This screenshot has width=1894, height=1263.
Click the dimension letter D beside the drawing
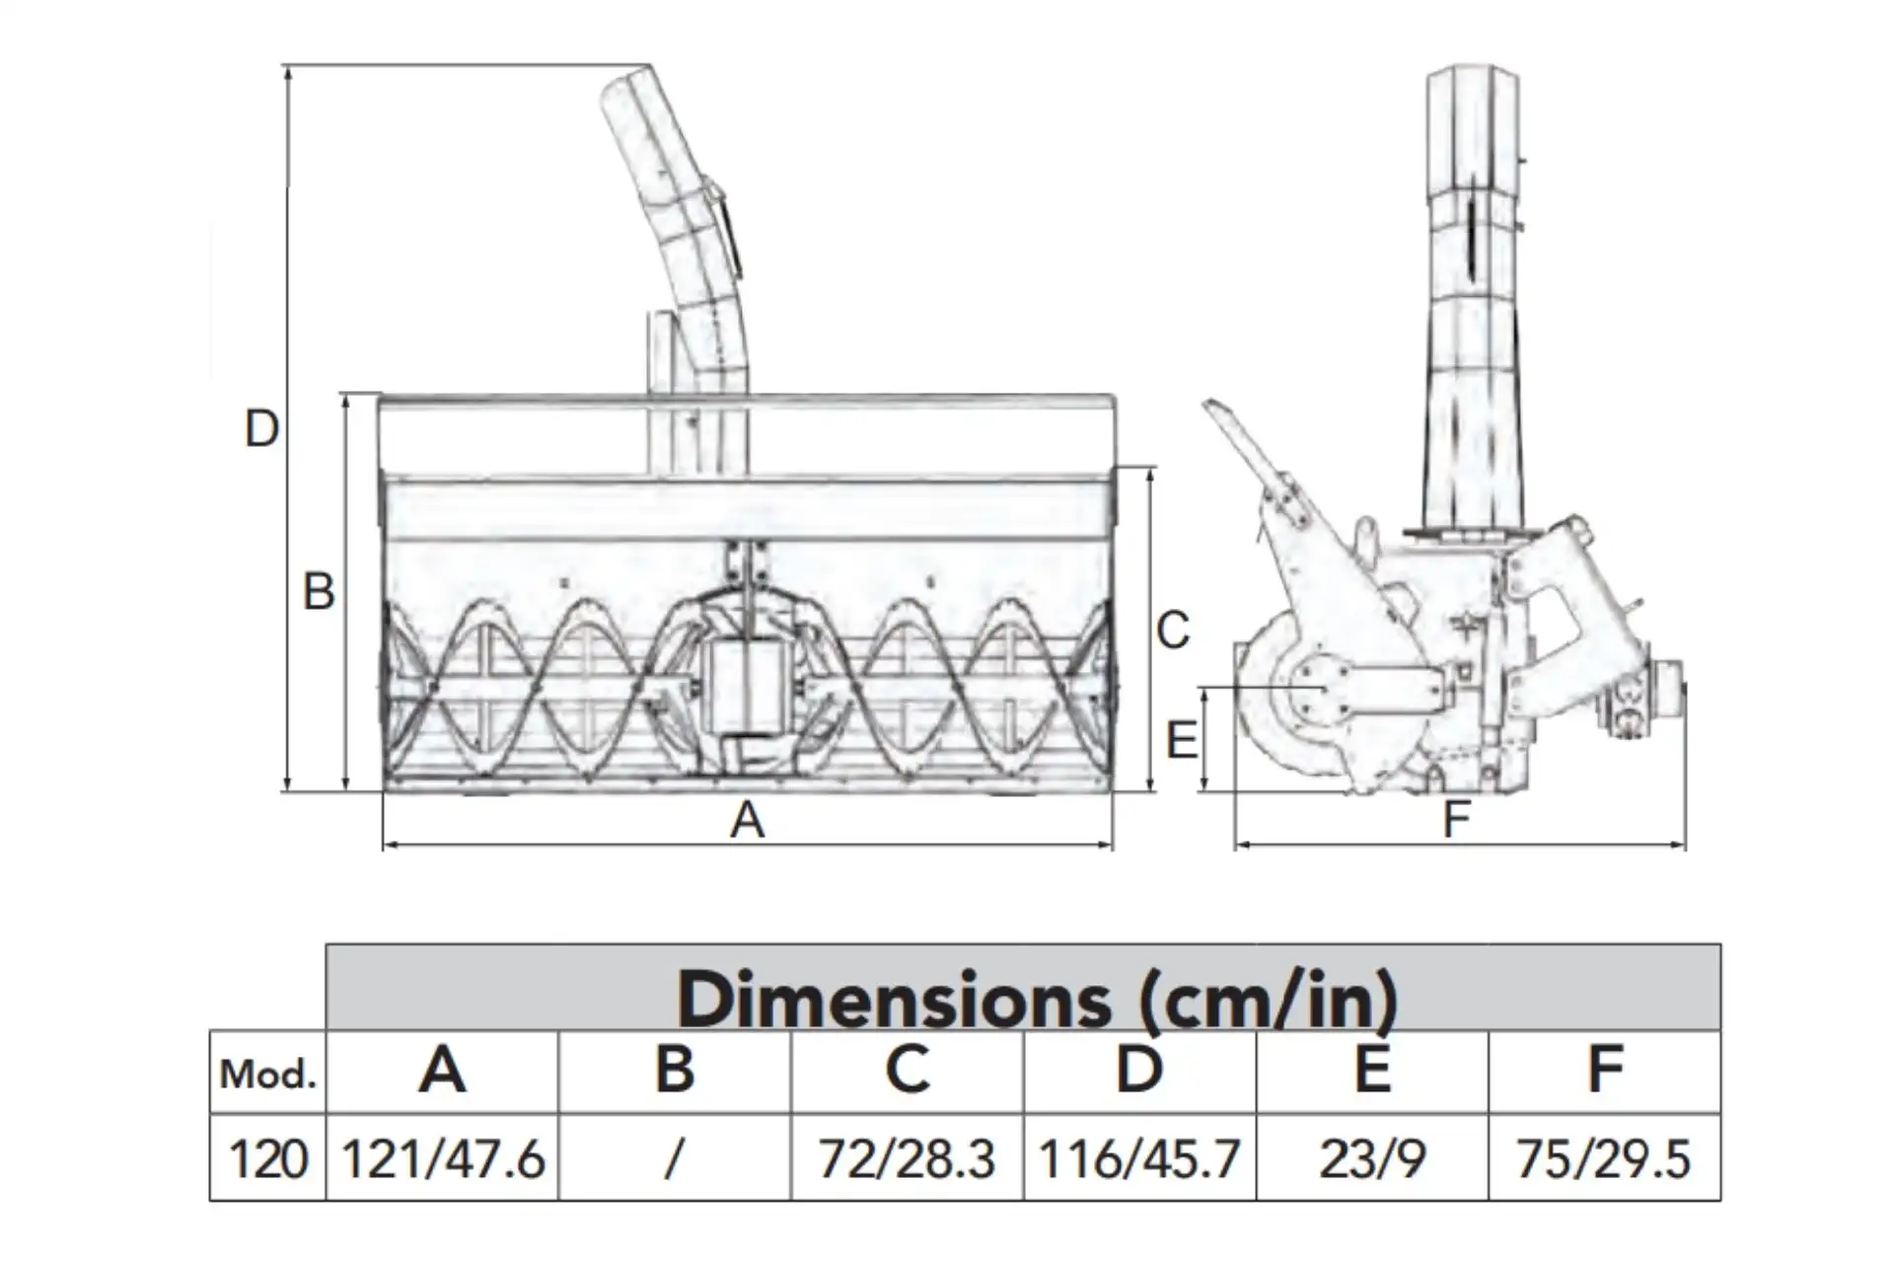coord(261,429)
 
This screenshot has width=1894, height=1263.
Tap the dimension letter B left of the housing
coord(319,592)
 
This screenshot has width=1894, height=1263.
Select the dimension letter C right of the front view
coord(1173,631)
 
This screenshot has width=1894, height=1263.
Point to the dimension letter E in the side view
coord(1182,740)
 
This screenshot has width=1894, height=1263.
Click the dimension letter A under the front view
coord(747,820)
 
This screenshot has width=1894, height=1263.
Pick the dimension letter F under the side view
coord(1457,818)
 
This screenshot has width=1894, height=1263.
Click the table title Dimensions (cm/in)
coord(1036,999)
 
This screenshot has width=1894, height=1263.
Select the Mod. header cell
coord(267,1074)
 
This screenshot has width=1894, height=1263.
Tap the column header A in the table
coord(442,1070)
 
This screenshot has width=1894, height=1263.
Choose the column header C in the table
coord(907,1070)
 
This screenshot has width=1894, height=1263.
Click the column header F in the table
coord(1605,1070)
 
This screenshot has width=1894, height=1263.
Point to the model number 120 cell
coord(267,1158)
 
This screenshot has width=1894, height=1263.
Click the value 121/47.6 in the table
coord(442,1158)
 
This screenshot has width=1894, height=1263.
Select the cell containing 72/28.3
coord(907,1158)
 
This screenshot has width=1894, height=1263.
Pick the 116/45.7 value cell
coord(1139,1158)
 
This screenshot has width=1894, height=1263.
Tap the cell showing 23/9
coord(1372,1158)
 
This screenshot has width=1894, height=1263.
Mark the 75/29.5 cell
coord(1604,1158)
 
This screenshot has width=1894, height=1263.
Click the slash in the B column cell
coord(674,1158)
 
